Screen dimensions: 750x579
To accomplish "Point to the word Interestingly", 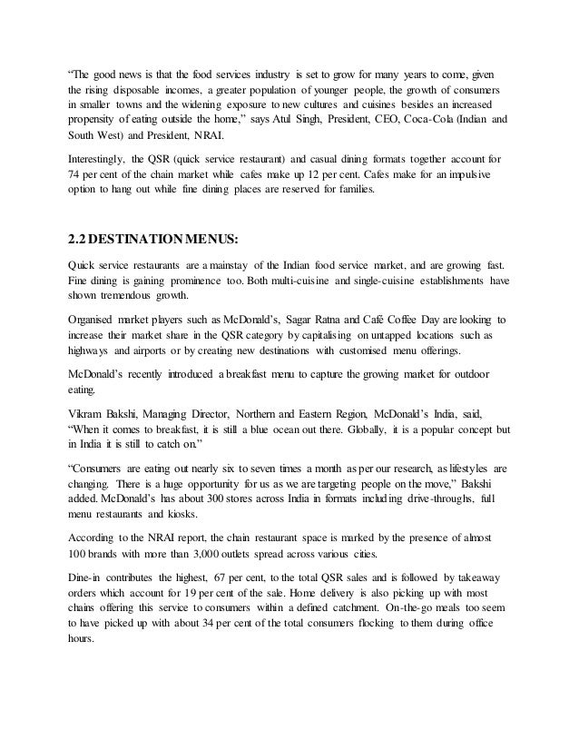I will (x=99, y=159).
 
